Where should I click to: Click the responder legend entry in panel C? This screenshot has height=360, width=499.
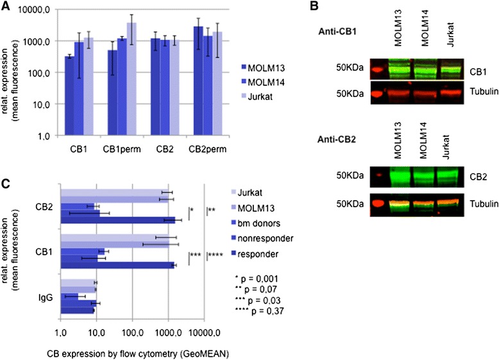tap(257, 255)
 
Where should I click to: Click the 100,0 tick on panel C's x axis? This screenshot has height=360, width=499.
tap(132, 332)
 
